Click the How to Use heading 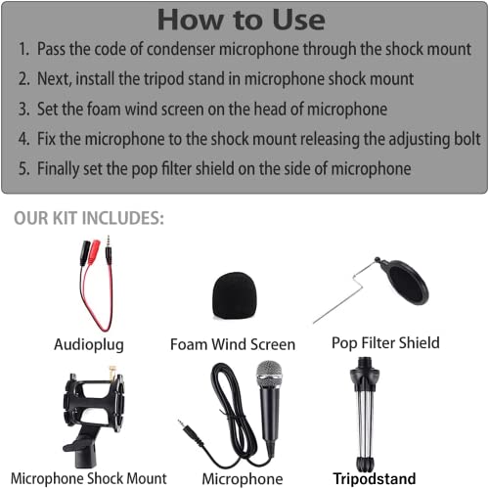(x=241, y=19)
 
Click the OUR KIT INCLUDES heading (x=89, y=218)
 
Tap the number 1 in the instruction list (x=23, y=50)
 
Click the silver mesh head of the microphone (x=269, y=375)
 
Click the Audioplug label (x=89, y=344)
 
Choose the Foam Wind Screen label (x=233, y=344)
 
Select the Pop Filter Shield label (x=385, y=343)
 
